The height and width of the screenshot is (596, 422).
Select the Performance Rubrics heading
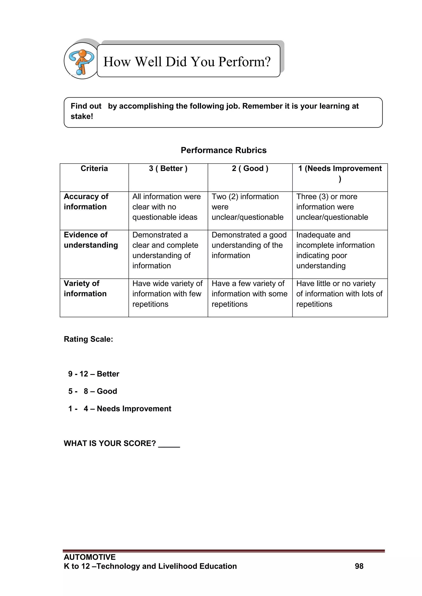pos(224,150)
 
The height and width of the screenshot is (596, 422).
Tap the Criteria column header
pos(94,168)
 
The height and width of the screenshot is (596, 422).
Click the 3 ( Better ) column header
pos(168,168)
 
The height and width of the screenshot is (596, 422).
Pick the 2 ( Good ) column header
pos(250,168)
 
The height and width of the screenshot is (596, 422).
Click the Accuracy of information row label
pos(86,202)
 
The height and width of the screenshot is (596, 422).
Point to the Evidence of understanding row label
pos(91,240)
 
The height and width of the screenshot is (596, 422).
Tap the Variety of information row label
pos(85,288)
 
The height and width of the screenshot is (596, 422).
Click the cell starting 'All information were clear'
pos(166,207)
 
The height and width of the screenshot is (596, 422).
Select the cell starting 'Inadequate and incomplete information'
pos(335,250)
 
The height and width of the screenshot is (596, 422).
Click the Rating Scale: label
pos(88,339)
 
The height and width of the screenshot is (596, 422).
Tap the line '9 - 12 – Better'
pos(94,374)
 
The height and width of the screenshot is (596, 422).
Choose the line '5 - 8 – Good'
pos(93,391)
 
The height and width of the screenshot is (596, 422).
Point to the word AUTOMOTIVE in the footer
pos(90,557)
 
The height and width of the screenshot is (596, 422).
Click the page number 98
pos(359,566)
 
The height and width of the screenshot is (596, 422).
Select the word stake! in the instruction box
pos(82,116)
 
